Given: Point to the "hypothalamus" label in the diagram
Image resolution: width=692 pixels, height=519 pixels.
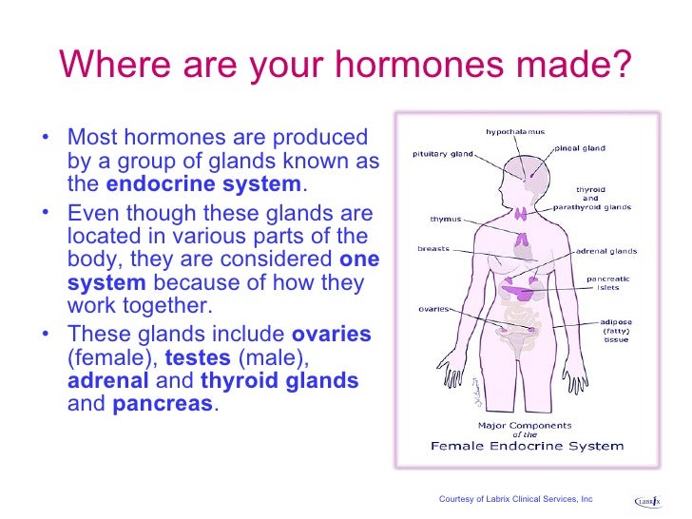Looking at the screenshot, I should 515,131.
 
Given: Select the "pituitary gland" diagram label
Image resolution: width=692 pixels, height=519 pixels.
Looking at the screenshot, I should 444,152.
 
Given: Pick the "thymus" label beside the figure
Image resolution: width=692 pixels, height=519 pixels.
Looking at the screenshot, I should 446,219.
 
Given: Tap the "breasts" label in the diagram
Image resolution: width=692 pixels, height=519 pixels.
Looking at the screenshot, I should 434,249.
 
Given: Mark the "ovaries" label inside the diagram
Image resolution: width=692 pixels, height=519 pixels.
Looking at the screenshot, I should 433,308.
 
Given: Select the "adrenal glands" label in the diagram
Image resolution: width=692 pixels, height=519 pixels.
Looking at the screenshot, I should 606,252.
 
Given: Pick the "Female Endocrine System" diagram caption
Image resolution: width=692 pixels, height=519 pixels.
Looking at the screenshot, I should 529,445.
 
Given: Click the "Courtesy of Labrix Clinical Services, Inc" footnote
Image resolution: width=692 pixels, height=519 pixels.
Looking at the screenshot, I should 515,499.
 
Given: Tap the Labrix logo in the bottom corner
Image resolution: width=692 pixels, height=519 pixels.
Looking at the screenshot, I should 649,500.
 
